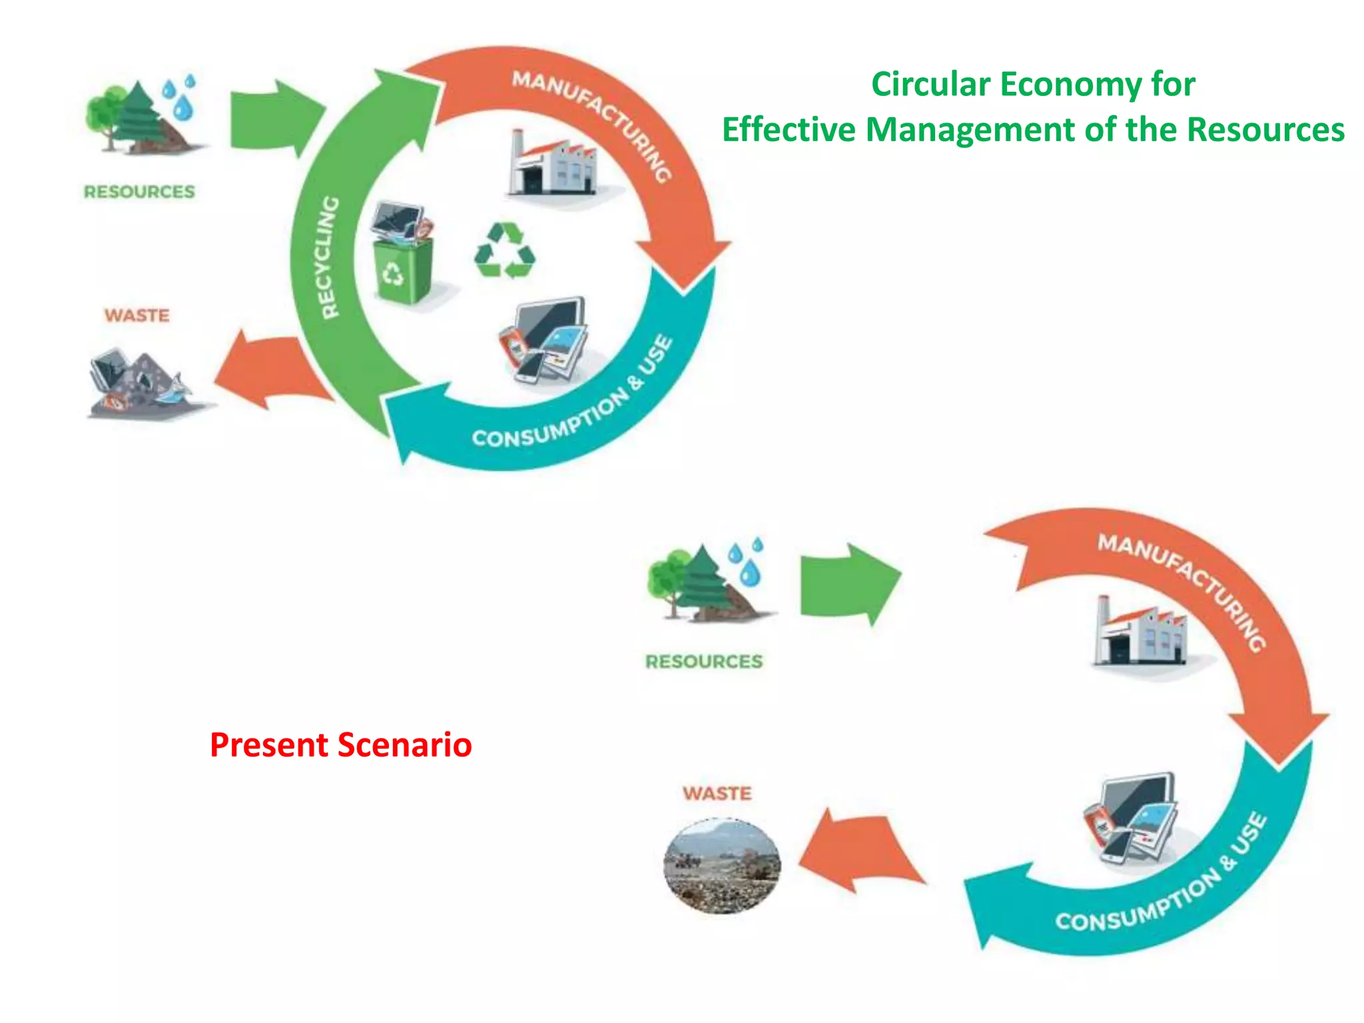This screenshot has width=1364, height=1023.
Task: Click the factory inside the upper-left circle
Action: pyautogui.click(x=553, y=165)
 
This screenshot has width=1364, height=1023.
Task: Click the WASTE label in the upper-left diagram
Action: pyautogui.click(x=137, y=315)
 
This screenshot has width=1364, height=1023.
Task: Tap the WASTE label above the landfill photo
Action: pyautogui.click(x=717, y=793)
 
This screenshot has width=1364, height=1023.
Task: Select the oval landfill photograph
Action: pyautogui.click(x=722, y=866)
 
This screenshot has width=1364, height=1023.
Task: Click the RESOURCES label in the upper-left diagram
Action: pyautogui.click(x=139, y=192)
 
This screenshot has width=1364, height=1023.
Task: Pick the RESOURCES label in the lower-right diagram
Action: pyautogui.click(x=704, y=661)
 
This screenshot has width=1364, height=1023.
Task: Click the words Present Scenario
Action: pyautogui.click(x=340, y=745)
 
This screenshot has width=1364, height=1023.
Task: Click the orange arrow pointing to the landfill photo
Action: pyautogui.click(x=859, y=852)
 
